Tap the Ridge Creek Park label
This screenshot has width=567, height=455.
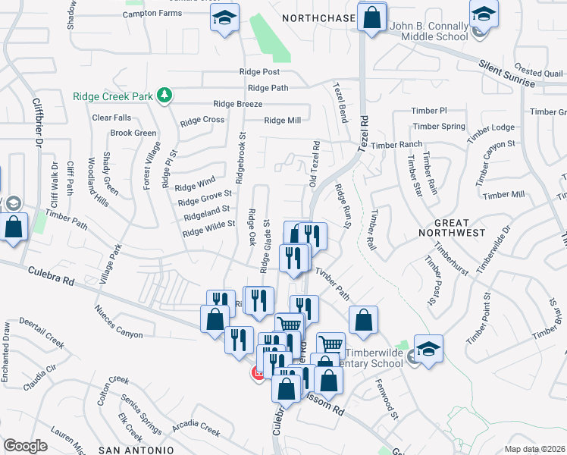[x=114, y=96]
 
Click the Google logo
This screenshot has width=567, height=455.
[x=26, y=445]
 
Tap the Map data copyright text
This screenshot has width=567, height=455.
[x=535, y=449]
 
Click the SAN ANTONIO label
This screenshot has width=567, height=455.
[x=127, y=450]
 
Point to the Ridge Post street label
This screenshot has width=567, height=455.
[x=259, y=72]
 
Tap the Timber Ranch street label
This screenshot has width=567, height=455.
[x=396, y=145]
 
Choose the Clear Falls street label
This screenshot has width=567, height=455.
[x=111, y=118]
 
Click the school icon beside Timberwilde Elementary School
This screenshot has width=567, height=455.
[x=428, y=348]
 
